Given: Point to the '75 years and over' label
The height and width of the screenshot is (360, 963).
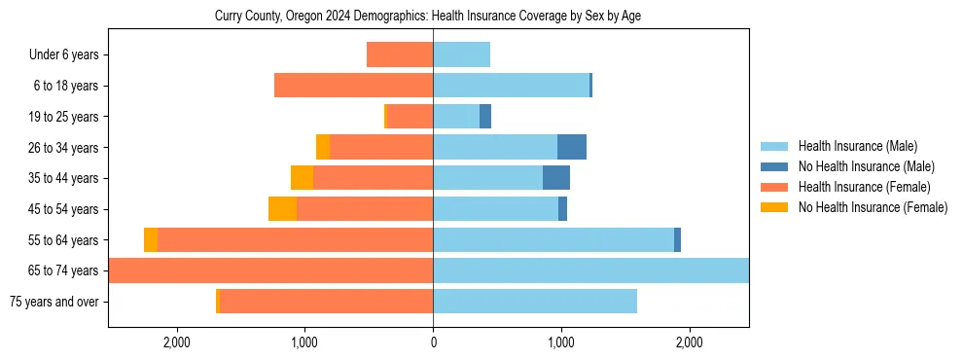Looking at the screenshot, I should point(53,302).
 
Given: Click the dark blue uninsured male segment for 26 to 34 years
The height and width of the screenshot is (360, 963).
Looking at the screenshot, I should point(572,147).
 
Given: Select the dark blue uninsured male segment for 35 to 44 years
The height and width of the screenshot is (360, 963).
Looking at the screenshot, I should point(556,178).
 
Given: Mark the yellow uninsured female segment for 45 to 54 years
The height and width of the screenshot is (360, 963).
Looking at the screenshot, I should point(282,209).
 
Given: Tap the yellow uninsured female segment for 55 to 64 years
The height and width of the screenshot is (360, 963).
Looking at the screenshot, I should point(151,240).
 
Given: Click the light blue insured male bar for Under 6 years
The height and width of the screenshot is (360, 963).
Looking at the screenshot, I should point(461,54).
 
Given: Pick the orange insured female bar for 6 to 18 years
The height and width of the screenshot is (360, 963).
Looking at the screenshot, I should point(353,86).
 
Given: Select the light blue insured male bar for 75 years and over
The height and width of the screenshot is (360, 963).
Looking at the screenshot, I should point(535,302).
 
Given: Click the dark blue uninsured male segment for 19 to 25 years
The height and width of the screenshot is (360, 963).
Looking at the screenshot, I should point(485,117).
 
